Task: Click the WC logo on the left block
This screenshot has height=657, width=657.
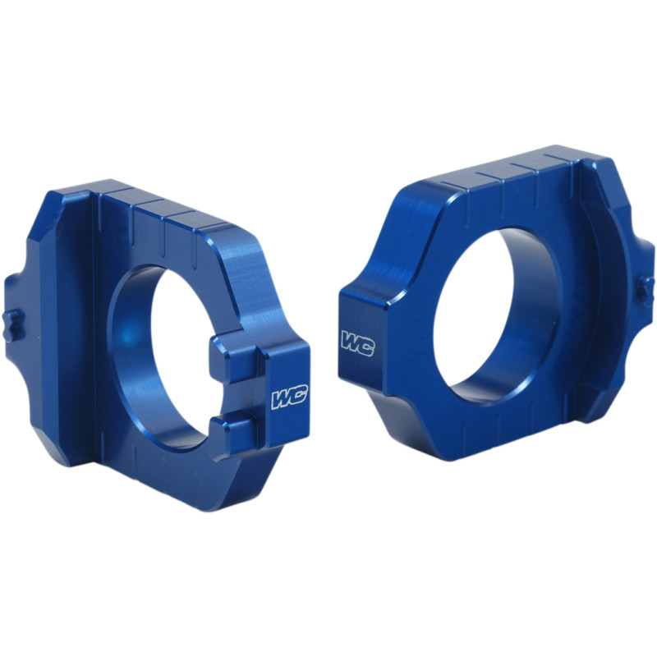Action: (x=289, y=398)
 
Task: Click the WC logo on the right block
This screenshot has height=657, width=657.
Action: (x=357, y=343)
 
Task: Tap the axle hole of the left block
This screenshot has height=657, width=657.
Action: (x=164, y=353)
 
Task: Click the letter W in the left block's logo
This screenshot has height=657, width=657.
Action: (x=282, y=399)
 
